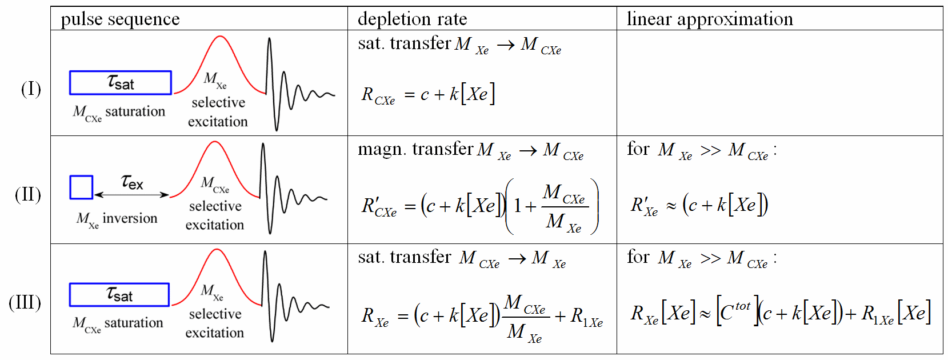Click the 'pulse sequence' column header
(120, 19)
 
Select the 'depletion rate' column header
(412, 19)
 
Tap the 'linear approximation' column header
(710, 19)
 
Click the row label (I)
(31, 89)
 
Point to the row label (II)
(28, 194)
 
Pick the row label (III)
(25, 302)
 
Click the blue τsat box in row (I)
(121, 83)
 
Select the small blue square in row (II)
(81, 187)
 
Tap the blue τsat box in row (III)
(119, 295)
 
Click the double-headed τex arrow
(132, 195)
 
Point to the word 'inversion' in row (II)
(130, 218)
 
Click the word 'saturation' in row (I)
(135, 111)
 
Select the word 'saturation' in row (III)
(134, 323)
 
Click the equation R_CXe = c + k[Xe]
(428, 94)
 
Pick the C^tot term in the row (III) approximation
(735, 311)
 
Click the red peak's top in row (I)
(219, 37)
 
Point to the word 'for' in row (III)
(638, 257)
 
